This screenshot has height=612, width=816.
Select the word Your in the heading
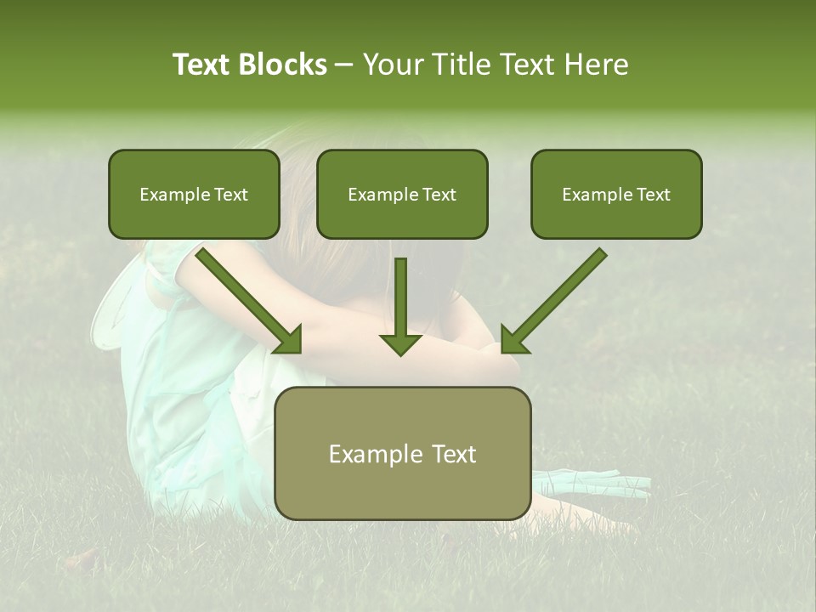point(393,65)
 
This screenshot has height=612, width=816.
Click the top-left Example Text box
point(194,195)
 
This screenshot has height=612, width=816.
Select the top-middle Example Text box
point(402,195)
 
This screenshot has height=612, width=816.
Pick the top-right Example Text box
point(616,195)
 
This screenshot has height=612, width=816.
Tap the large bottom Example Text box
point(402,453)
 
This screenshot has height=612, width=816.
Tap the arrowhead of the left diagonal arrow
point(289,340)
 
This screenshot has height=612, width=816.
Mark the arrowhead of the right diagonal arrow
point(513,340)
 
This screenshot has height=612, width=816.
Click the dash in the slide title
point(344,65)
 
